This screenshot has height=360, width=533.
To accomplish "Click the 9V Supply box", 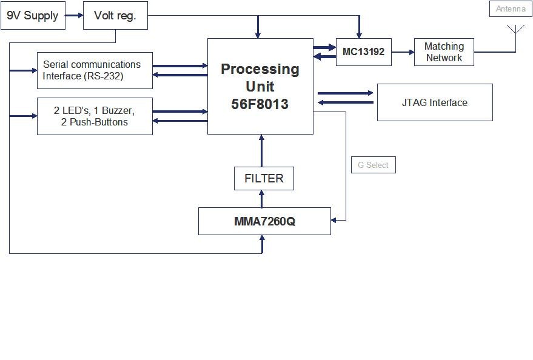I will click(33, 16).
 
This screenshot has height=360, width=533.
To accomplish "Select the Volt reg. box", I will click(115, 16).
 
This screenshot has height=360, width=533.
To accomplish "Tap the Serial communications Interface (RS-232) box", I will click(95, 70).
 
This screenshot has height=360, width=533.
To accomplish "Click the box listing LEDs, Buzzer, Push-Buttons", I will click(95, 116).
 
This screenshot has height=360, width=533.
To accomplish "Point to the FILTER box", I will click(264, 178).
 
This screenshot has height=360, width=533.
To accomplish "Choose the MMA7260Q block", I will click(264, 221).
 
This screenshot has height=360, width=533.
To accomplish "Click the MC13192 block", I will click(363, 52).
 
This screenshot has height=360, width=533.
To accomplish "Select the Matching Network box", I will click(444, 52).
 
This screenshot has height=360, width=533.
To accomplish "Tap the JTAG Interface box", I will click(435, 102).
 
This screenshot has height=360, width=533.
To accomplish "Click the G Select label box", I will click(374, 165).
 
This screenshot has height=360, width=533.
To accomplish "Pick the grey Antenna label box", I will click(511, 9).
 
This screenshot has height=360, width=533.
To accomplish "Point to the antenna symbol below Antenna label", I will click(515, 29).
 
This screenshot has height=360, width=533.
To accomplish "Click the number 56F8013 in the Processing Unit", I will click(260, 104).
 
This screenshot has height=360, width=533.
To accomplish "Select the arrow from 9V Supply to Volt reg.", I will click(74, 16).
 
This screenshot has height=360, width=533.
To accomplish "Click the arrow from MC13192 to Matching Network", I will click(403, 52).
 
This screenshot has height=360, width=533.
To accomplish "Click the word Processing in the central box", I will click(260, 69).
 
